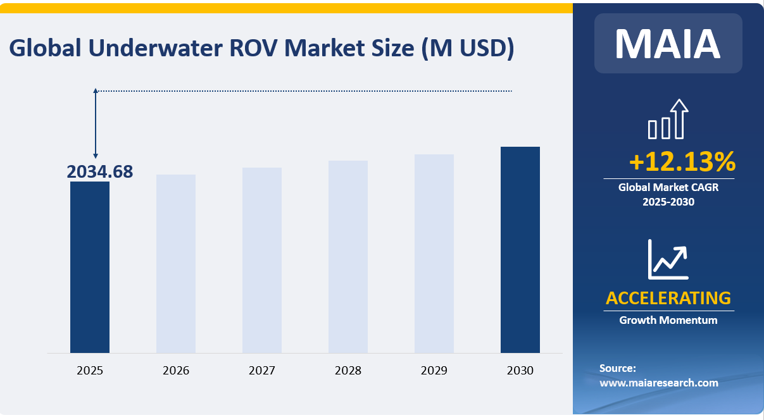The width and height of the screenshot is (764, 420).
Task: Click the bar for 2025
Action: coord(90,267)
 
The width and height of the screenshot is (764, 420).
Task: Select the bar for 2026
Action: coord(176,264)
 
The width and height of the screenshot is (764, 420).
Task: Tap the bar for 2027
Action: coord(262,260)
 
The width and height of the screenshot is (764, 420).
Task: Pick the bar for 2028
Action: coord(348,257)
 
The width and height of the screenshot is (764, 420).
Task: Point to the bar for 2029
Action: coord(434,254)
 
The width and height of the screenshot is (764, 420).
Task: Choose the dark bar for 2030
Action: coord(520,250)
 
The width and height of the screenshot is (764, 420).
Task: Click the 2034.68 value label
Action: coord(100,171)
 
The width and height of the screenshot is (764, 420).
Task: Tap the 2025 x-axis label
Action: coord(90,371)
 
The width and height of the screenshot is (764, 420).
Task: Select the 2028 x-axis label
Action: coord(348,371)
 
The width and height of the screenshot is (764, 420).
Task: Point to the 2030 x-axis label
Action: coord(520,371)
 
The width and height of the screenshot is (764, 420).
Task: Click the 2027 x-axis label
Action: coord(262,371)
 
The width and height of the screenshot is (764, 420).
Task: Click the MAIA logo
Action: coord(668,43)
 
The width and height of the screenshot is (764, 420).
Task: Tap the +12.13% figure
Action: coord(682,162)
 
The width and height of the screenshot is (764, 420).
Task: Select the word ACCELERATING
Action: coord(668,298)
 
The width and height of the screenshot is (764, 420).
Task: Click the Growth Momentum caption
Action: coord(668,320)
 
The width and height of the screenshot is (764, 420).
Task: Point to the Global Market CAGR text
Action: coord(668,187)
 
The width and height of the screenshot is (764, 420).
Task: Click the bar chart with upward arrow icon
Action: coord(668,119)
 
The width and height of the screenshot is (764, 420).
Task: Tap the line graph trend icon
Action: coord(668,259)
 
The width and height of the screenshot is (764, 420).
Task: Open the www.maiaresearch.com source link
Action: coord(658,383)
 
